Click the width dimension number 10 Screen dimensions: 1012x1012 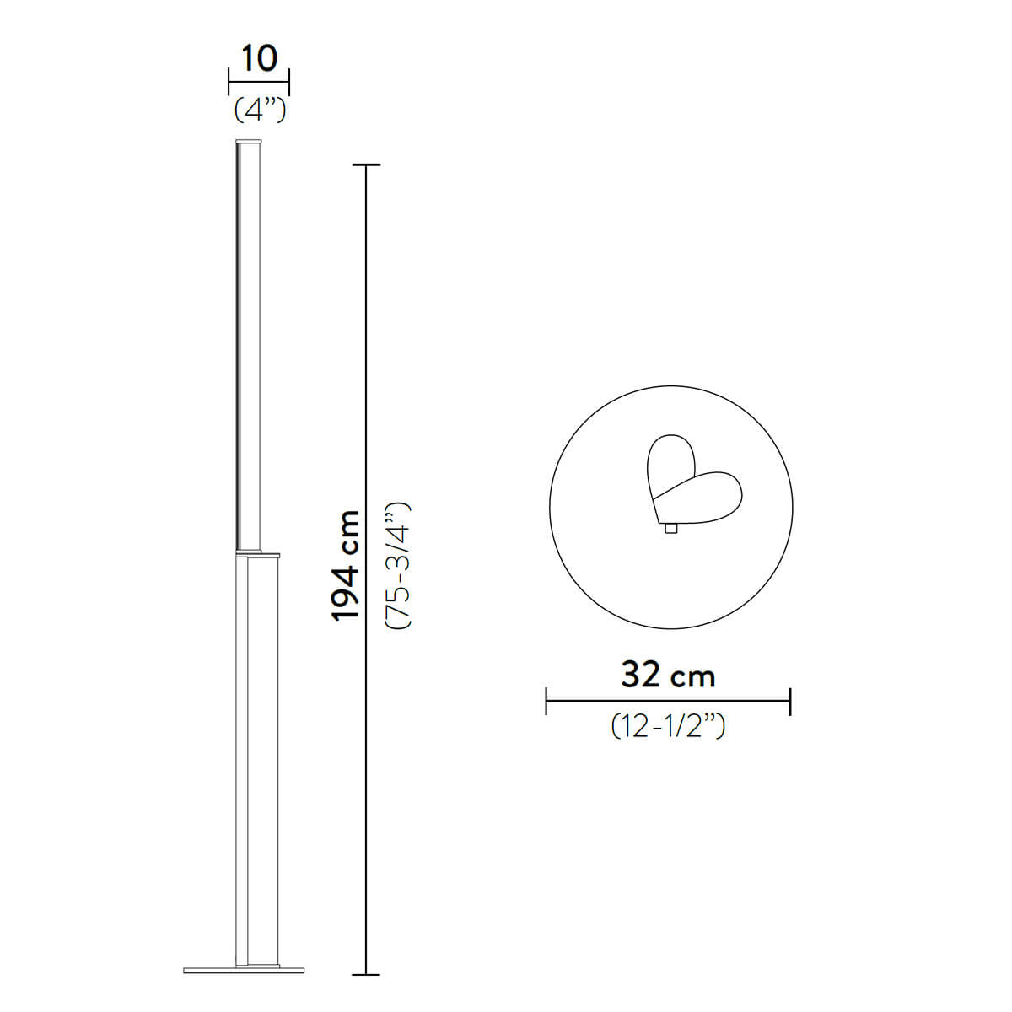click(x=259, y=59)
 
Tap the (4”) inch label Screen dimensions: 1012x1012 click(x=259, y=109)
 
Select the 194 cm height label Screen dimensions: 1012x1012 click(x=346, y=566)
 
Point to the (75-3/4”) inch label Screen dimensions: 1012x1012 click(x=396, y=566)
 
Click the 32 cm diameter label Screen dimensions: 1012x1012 click(x=668, y=675)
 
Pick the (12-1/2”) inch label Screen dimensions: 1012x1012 click(x=668, y=725)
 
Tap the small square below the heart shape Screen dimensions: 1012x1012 click(x=671, y=529)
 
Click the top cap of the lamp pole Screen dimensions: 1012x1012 click(x=249, y=141)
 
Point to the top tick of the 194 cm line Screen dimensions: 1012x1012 click(x=365, y=165)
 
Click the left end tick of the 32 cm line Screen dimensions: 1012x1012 click(x=546, y=701)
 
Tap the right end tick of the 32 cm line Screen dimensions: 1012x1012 click(x=790, y=701)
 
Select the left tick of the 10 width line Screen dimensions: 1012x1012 click(x=229, y=82)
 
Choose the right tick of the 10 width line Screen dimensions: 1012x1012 click(x=289, y=82)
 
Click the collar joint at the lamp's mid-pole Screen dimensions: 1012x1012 click(x=258, y=555)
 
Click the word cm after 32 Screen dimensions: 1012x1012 click(x=693, y=676)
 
